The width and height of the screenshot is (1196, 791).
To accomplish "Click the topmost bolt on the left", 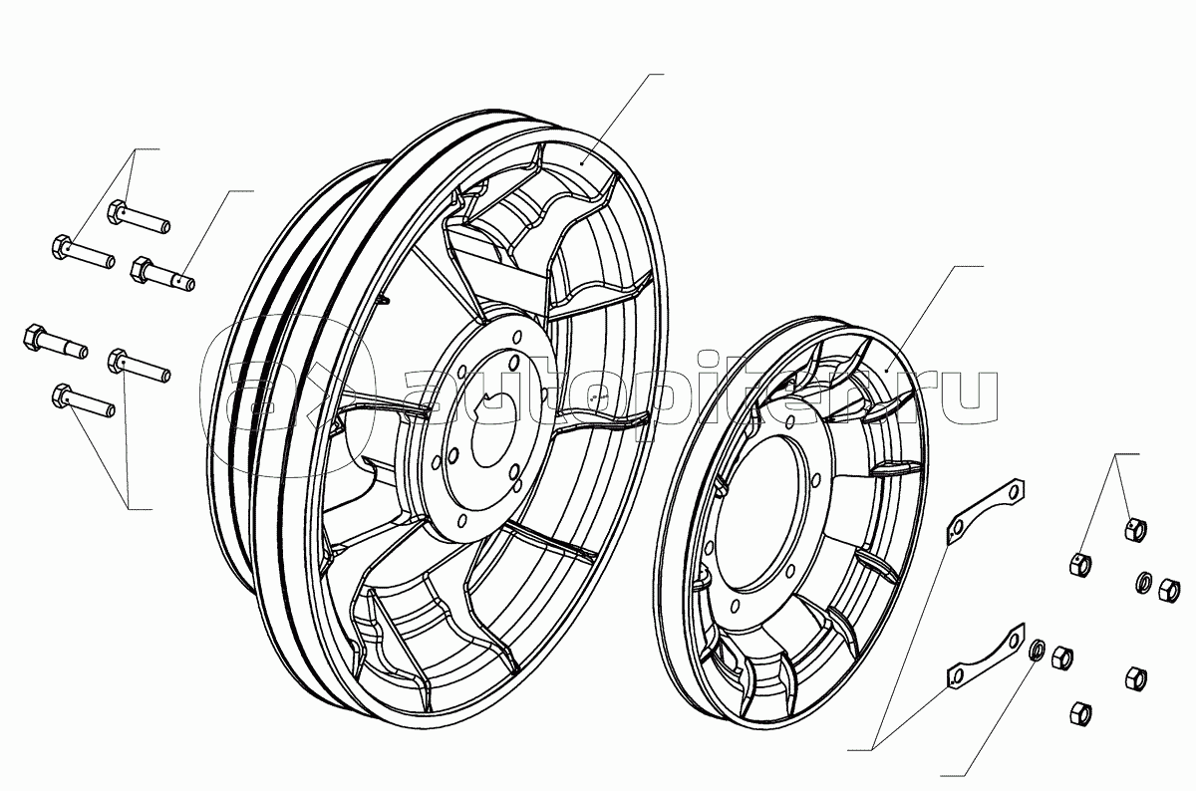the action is click(139, 217).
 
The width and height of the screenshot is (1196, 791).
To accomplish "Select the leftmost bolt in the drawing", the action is click(56, 341).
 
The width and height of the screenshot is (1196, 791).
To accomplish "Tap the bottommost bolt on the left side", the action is click(84, 400).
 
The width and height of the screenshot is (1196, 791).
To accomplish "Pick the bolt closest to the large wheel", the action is click(162, 274).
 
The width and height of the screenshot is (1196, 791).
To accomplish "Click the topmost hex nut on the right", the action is click(1135, 529).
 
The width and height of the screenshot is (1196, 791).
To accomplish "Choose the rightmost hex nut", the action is click(1169, 591).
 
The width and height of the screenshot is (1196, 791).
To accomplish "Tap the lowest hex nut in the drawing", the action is click(1080, 713).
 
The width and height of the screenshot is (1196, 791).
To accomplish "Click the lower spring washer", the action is click(1035, 651).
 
